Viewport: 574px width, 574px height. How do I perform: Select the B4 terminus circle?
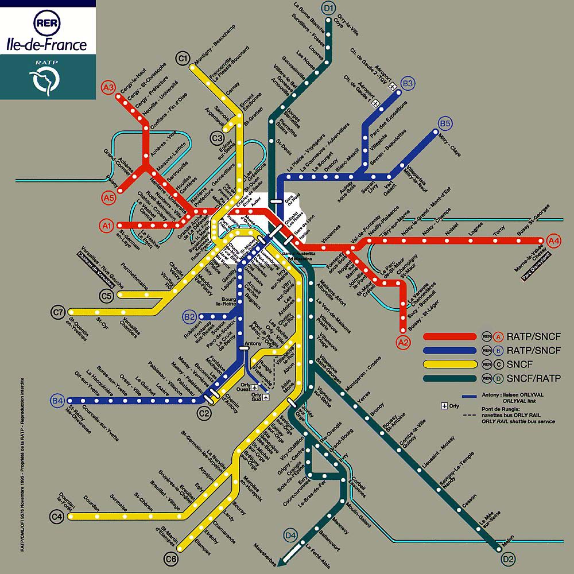point(57,400)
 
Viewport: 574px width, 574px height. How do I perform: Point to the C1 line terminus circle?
point(183,58)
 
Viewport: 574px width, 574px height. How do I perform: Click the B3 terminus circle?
point(408,84)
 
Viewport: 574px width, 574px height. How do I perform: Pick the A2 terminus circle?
point(404,343)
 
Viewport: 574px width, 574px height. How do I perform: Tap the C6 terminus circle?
point(170,557)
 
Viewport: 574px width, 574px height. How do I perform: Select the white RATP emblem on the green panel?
point(46,81)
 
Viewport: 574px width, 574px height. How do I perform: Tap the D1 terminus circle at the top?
point(329,8)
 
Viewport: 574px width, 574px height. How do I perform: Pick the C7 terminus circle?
point(58,312)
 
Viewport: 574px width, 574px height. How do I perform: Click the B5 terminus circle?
point(445,123)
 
